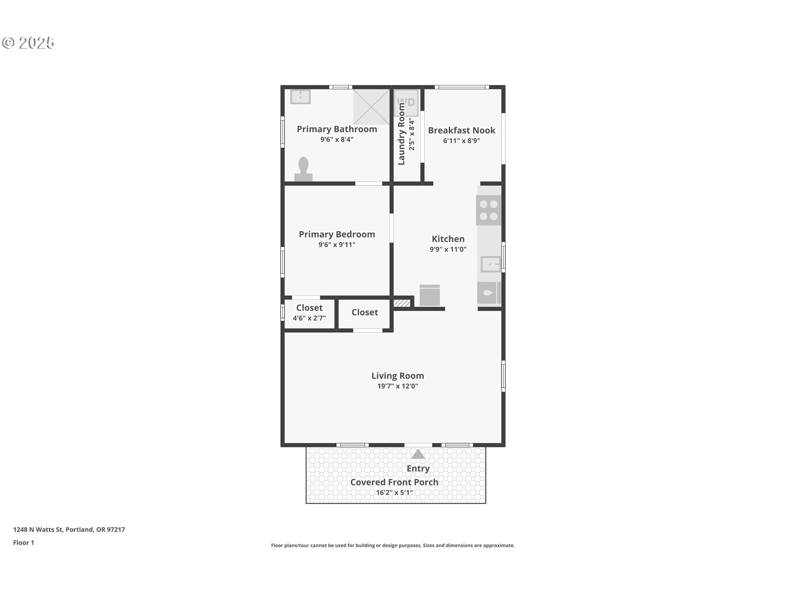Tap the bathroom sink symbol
(300, 97)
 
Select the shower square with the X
(371, 107)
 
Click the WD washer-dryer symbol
(406, 102)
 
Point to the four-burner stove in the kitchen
(488, 210)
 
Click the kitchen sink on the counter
(491, 264)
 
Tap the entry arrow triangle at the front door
(418, 454)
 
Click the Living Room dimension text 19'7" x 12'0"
(398, 386)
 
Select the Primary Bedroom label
(337, 234)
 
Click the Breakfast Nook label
(461, 130)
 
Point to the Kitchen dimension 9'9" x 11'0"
(448, 249)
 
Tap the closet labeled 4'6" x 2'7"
(309, 313)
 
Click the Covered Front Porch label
(394, 482)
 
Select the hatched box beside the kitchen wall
(402, 303)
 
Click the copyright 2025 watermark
(28, 43)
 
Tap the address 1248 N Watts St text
(38, 529)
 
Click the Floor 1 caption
(23, 542)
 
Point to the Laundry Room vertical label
(401, 134)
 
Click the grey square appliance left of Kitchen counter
(430, 295)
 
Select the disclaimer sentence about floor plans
(393, 545)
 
